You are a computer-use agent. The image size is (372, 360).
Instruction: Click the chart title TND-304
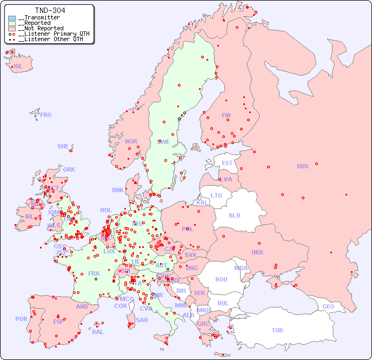[x=50, y=10]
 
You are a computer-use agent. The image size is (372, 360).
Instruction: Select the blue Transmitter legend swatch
[x=12, y=18]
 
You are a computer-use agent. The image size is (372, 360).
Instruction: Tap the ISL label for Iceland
[x=18, y=67]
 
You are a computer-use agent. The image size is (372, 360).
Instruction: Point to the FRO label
[x=46, y=115]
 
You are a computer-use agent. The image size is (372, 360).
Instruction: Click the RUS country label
[x=302, y=166]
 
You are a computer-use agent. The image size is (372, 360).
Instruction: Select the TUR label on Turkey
[x=277, y=330]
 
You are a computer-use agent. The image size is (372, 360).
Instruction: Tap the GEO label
[x=328, y=306]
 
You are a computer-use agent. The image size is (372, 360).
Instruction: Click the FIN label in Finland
[x=226, y=115]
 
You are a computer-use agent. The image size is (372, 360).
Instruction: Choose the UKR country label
[x=257, y=252]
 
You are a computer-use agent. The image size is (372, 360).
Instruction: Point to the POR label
[x=21, y=319]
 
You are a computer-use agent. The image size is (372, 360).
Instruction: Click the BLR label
[x=234, y=215]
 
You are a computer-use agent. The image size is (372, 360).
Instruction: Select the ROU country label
[x=221, y=279]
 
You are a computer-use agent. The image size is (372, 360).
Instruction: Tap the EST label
[x=227, y=163]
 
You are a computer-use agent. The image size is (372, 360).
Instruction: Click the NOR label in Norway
[x=131, y=141]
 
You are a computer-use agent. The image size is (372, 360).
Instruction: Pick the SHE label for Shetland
[x=63, y=146]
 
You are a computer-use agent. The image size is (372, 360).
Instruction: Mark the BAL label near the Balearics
[x=98, y=332]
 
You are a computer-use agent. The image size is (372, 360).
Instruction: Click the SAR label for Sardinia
[x=142, y=320]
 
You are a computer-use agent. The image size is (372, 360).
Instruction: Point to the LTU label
[x=216, y=195]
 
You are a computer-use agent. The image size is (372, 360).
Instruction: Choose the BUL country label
[x=223, y=303]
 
